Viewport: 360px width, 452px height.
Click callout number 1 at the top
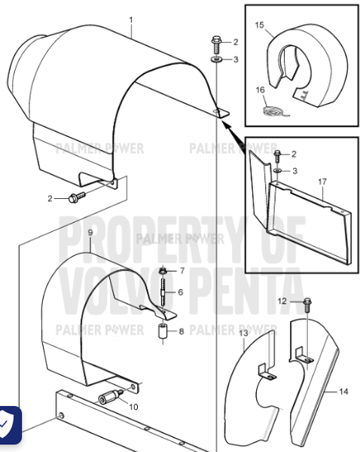pos(130,19)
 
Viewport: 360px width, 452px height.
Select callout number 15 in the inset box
pos(259,25)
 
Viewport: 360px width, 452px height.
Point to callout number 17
pos(322,181)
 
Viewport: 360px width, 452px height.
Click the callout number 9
pos(90,233)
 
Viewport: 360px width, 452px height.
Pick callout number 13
pos(243,333)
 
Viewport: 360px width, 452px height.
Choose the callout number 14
pos(343,391)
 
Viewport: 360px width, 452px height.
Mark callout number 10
pos(134,407)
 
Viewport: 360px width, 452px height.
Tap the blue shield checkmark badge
pos(9,426)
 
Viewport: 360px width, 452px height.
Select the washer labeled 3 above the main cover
pos(216,59)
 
